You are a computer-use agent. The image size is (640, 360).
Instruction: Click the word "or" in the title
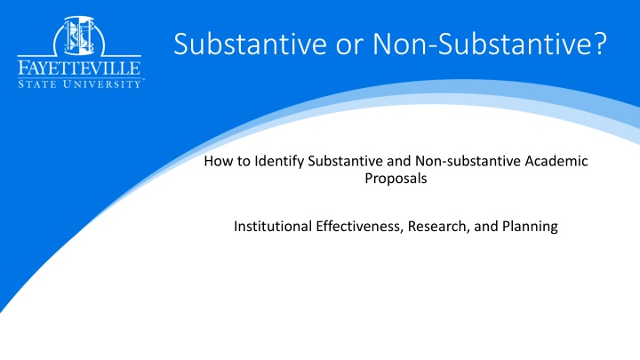coord(349,45)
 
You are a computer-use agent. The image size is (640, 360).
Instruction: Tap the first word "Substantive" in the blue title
coord(250,44)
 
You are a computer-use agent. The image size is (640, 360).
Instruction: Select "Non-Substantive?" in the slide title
coord(490,44)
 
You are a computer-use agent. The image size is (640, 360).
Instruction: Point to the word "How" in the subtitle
coord(219,161)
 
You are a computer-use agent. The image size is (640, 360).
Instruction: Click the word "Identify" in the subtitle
coord(279,162)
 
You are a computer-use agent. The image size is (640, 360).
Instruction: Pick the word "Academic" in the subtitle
coord(556,161)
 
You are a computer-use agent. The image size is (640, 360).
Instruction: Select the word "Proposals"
coord(396,179)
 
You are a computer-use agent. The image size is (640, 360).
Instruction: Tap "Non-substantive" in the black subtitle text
coord(468,161)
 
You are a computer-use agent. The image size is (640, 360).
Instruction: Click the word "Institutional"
coord(273,226)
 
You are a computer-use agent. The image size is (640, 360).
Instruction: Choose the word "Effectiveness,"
coord(360,227)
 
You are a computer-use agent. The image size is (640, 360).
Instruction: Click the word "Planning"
coord(530,227)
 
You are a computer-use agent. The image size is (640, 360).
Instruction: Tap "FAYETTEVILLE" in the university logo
coord(79,68)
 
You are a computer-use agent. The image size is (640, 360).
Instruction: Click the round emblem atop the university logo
coord(79,36)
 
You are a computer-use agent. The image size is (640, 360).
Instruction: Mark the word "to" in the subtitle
coord(244,161)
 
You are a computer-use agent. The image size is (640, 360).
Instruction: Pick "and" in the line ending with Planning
coord(485,226)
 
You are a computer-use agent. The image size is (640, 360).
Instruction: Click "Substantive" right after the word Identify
coord(345,161)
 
